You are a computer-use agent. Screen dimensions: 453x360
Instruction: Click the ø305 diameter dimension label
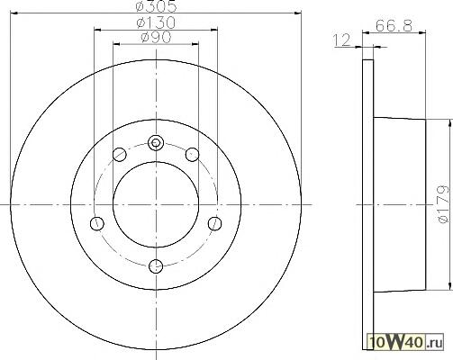pos(156,6)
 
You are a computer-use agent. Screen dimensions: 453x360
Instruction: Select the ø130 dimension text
pos(156,22)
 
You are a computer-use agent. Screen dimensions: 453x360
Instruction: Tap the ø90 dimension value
pos(156,37)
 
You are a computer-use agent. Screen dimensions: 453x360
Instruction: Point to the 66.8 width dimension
pos(394,25)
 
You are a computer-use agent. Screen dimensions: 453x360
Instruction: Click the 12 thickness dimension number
pos(342,40)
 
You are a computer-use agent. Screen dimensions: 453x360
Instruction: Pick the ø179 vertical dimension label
pos(444,204)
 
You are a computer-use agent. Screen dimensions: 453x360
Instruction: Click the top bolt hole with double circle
pos(156,142)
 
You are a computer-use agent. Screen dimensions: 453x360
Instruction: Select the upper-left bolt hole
pos(120,155)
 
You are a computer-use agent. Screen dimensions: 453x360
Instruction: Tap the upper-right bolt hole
pos(192,155)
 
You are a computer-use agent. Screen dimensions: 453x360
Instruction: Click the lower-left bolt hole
pos(97,223)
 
